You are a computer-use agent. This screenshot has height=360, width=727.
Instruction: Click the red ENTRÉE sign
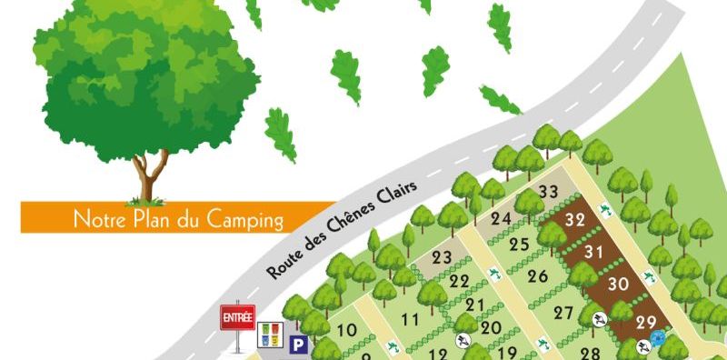tap(238, 318)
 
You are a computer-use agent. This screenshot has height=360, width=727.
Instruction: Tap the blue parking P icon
tap(298, 344)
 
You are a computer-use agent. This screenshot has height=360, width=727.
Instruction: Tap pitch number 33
tap(548, 192)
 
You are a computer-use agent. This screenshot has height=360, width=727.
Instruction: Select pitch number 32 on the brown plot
tap(574, 220)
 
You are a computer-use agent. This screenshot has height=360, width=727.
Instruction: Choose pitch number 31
tap(594, 251)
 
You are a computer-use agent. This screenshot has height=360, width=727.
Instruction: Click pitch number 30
tap(619, 284)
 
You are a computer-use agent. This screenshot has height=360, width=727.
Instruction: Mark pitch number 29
tap(646, 321)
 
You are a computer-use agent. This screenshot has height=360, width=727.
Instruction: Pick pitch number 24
tap(501, 219)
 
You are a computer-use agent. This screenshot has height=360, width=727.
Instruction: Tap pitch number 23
tap(442, 257)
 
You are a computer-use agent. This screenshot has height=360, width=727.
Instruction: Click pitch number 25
tap(519, 244)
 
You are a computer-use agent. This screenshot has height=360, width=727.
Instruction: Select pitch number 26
tap(538, 275)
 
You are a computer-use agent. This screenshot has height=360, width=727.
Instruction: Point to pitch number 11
tap(410, 319)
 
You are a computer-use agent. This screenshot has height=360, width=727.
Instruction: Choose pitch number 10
tap(346, 330)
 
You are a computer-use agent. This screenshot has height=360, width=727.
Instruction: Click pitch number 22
tap(460, 281)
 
